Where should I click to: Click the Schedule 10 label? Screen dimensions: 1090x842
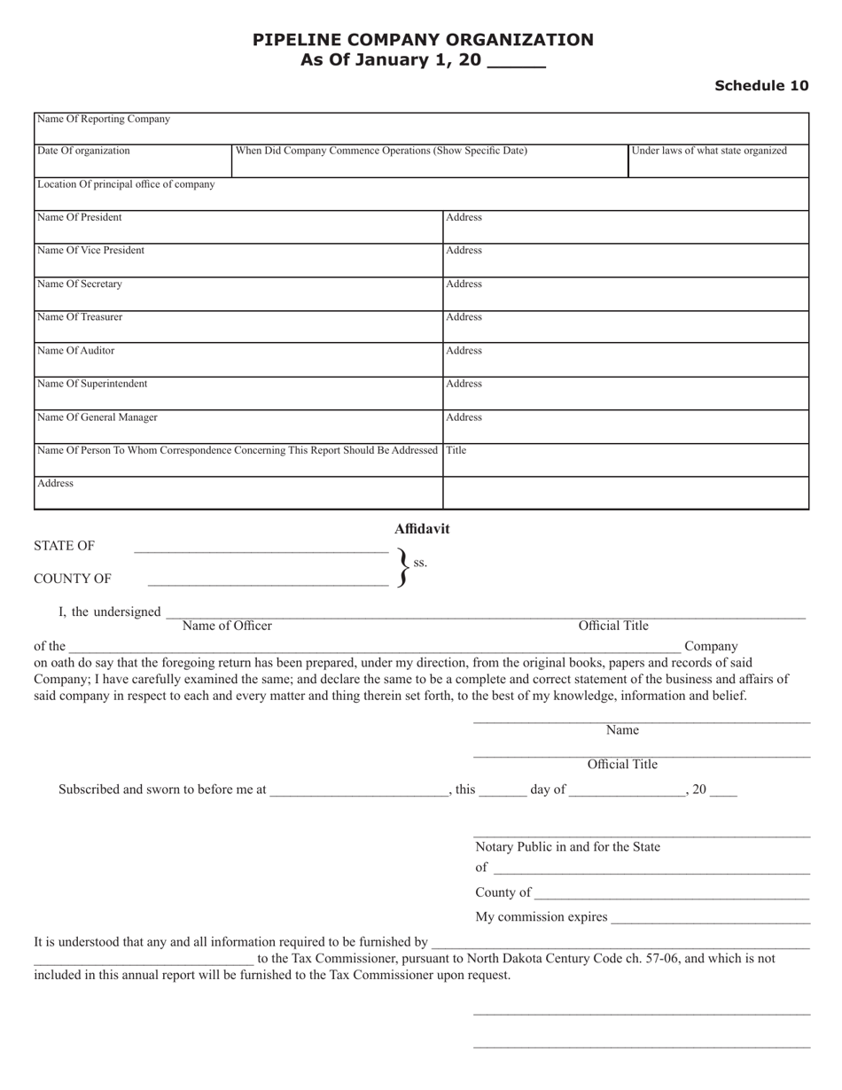(761, 86)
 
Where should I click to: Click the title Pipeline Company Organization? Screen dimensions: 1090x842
(423, 40)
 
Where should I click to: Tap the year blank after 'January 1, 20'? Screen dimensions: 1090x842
(517, 62)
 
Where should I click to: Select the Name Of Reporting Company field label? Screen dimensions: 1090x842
(104, 119)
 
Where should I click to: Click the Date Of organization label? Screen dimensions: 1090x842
(83, 151)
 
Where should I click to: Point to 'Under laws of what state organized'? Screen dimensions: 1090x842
(709, 151)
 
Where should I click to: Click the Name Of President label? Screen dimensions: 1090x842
(80, 217)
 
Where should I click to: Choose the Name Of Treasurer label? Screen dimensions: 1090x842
(80, 317)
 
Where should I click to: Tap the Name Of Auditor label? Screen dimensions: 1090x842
(76, 351)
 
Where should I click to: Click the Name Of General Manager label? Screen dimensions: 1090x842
(97, 417)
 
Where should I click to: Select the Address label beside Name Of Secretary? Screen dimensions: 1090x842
(464, 284)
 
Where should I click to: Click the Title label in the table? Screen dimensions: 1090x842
(456, 450)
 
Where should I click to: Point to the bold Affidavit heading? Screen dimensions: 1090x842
(422, 529)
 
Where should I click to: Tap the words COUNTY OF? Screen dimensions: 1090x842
(73, 579)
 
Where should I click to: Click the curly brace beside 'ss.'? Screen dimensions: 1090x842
(403, 567)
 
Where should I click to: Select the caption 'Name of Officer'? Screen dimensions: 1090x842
(227, 626)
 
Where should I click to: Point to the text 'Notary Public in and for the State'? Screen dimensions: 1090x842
(567, 847)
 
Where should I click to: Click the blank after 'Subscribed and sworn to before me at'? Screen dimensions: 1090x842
(359, 792)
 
